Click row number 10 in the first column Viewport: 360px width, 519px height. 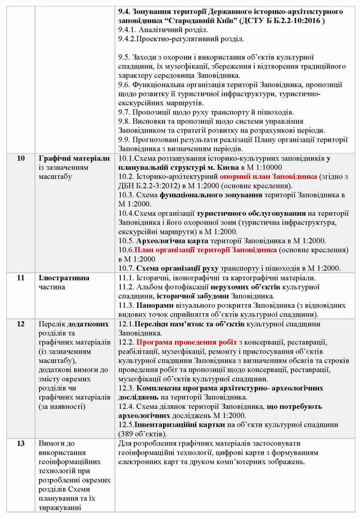tap(21, 159)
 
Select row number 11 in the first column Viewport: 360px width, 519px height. tap(21, 277)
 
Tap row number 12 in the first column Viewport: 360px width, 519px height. tap(21, 324)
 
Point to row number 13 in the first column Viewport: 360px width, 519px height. tap(21, 443)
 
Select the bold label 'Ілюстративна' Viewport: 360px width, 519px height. tap(64, 277)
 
